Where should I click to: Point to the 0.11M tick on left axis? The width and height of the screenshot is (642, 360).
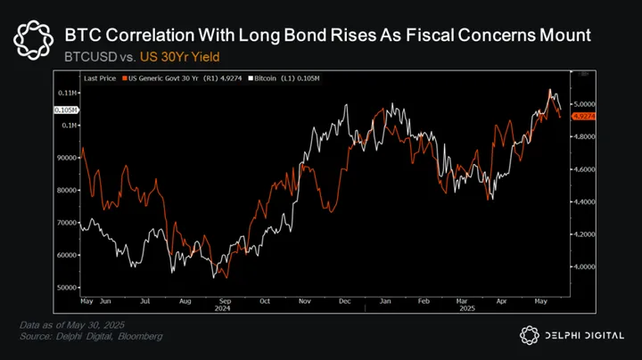pos(67,93)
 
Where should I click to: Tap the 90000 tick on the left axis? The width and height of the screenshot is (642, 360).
pos(67,158)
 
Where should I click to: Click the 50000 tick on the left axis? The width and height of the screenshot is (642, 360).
pos(67,288)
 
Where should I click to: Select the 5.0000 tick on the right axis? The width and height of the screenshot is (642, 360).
pos(585,104)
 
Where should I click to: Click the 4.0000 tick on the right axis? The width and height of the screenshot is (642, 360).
pos(585,266)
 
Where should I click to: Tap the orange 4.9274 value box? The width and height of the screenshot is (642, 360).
pos(584,116)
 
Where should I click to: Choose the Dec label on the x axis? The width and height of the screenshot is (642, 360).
pos(343,302)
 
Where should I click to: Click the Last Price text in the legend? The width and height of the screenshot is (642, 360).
pos(101,79)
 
